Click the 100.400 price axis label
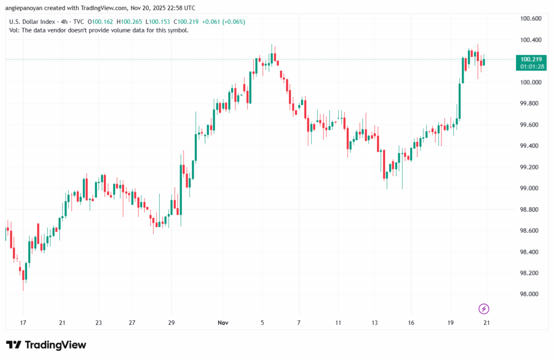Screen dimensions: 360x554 (530, 40)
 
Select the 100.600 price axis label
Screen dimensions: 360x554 (530, 19)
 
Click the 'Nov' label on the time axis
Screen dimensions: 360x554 (223, 323)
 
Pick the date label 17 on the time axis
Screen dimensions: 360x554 (23, 323)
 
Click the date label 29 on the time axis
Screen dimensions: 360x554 (171, 323)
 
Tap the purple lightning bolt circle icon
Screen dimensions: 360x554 (484, 309)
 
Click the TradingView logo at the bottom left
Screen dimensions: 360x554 (46, 345)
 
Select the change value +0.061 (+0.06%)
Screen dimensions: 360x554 (224, 22)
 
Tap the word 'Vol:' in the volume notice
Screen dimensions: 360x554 (15, 30)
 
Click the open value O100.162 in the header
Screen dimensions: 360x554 (101, 22)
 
